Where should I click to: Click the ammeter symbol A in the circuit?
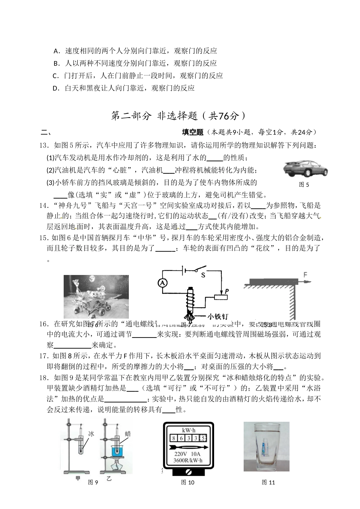(162, 283)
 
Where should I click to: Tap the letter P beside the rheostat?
(227, 291)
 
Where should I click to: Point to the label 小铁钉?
(217, 316)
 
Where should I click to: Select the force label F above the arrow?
(305, 275)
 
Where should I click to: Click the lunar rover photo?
(96, 297)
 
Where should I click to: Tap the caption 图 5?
(304, 185)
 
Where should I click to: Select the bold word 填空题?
(193, 132)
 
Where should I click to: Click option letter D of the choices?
(56, 88)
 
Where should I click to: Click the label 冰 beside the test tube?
(91, 434)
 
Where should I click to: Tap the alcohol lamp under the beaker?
(118, 466)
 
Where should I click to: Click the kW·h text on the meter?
(188, 430)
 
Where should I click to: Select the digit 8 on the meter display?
(174, 438)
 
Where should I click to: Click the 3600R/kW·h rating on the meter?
(188, 460)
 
